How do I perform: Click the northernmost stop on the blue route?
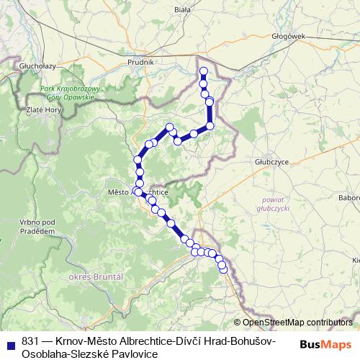click(204, 71)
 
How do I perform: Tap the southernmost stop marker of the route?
click(223, 269)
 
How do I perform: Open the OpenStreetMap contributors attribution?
click(297, 323)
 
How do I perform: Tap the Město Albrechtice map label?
click(137, 193)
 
